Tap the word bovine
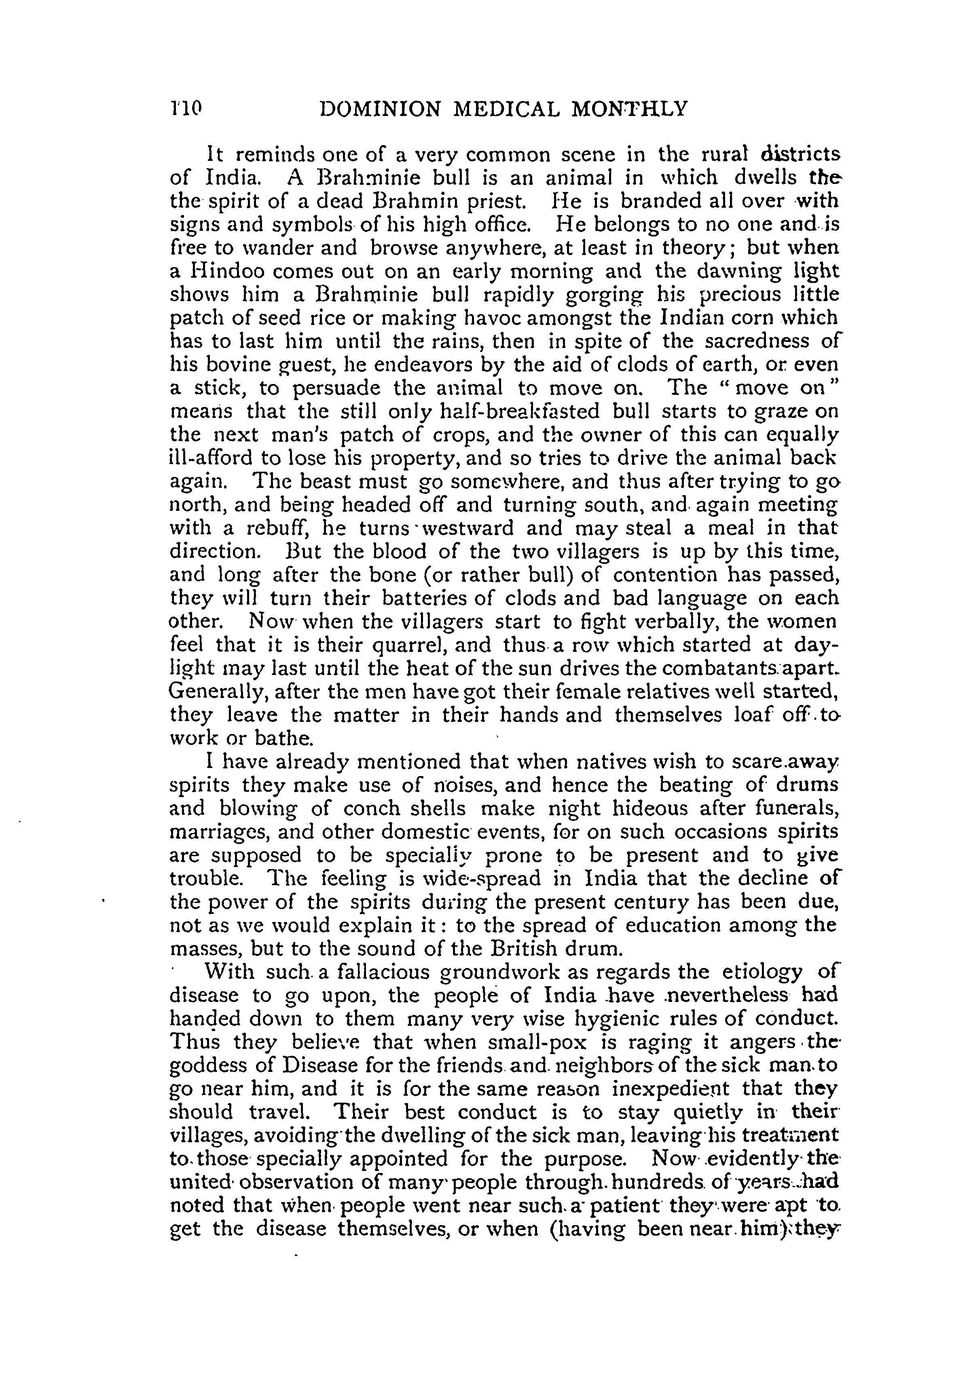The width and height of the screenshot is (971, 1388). [x=241, y=365]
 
